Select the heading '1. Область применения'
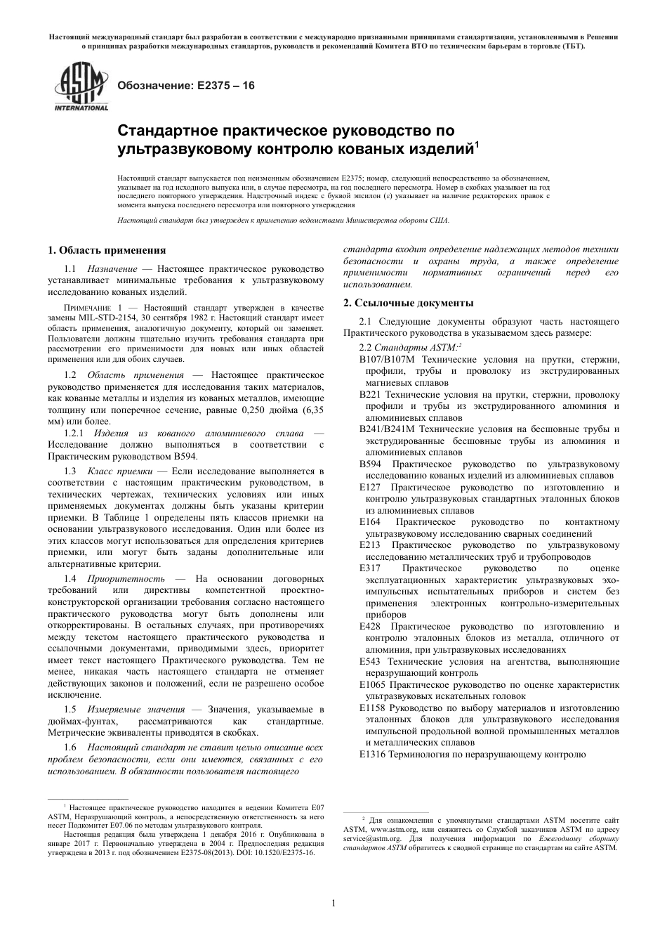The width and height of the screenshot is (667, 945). pos(106,250)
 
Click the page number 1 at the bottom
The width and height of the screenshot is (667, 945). pos(333,903)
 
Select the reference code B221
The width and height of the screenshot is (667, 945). pos(370,394)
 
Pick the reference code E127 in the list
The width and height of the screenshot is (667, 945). pos(370,488)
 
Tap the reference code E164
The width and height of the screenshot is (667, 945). pos(370,522)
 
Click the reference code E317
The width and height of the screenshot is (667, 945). pos(370,568)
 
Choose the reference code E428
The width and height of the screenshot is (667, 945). pos(370,627)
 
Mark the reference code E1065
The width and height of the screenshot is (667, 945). pos(373,684)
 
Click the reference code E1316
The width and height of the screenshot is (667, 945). pos(373,755)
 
